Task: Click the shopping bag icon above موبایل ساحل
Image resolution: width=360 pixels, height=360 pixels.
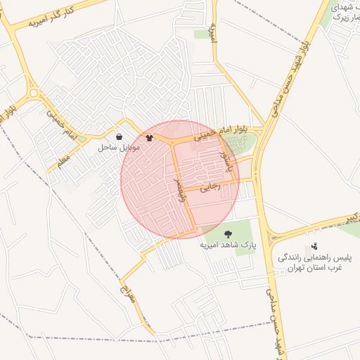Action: click(118, 136)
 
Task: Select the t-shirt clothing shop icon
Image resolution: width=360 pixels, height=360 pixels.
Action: click(149, 138)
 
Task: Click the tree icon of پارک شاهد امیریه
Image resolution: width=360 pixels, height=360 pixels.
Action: click(227, 233)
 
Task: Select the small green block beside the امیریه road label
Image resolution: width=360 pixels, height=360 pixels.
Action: click(202, 34)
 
